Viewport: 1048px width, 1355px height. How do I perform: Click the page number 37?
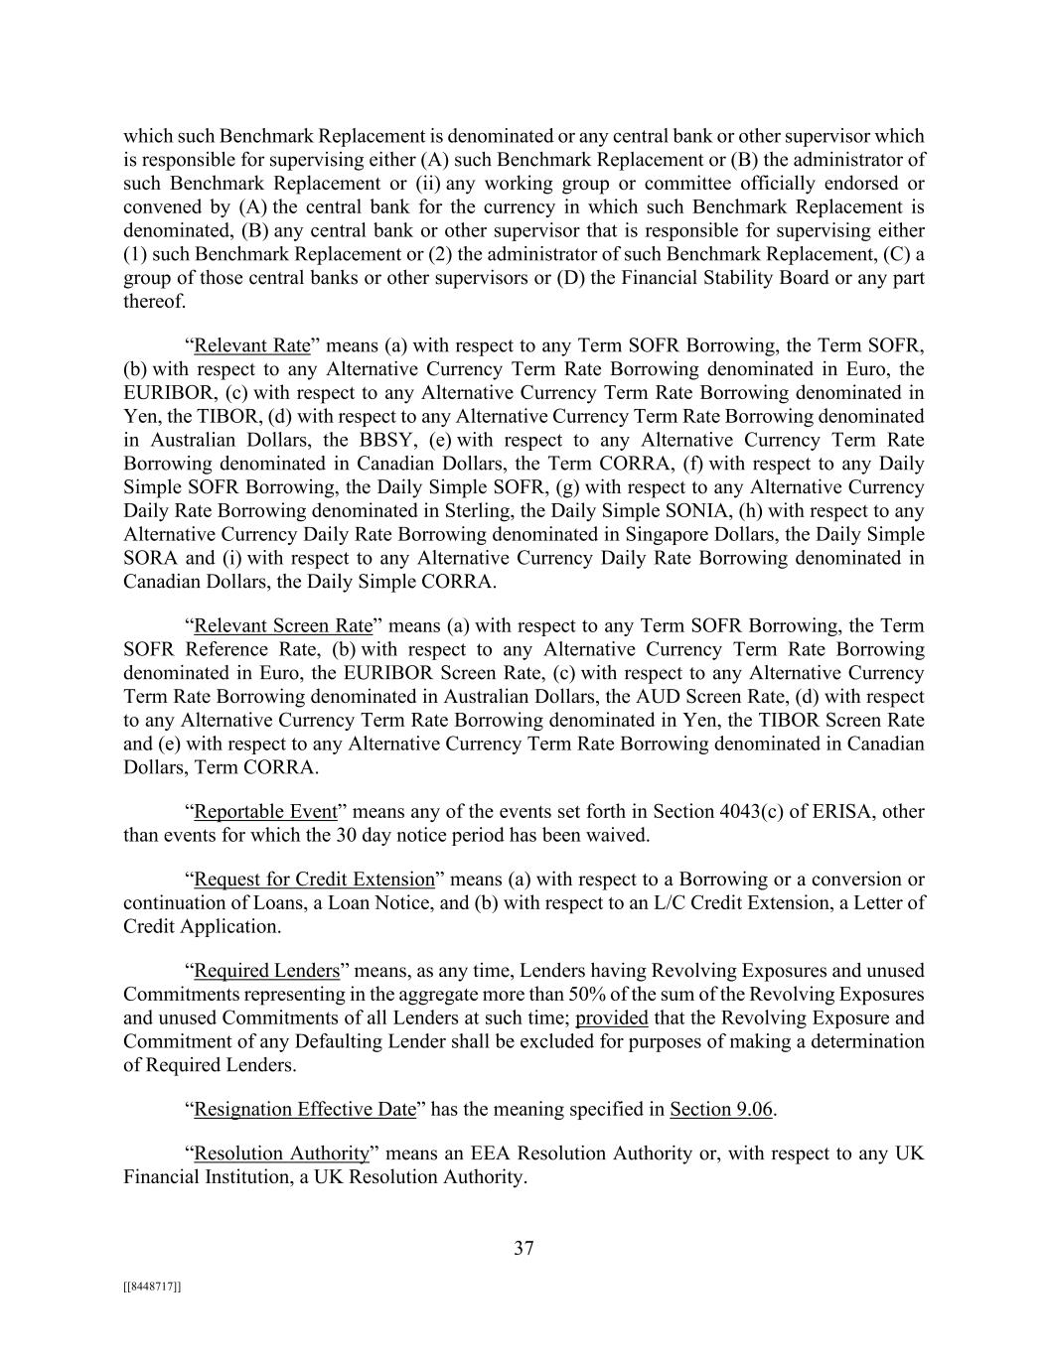[x=524, y=1249]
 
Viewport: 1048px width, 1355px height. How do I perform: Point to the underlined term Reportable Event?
[x=265, y=812]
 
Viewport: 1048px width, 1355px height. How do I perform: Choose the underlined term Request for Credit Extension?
[x=314, y=880]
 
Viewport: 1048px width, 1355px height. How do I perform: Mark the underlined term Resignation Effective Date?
[x=304, y=1110]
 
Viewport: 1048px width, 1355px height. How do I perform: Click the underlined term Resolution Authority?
[x=281, y=1153]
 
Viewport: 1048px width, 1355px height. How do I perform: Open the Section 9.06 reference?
[x=721, y=1110]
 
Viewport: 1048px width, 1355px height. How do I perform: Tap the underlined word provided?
[x=611, y=1018]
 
